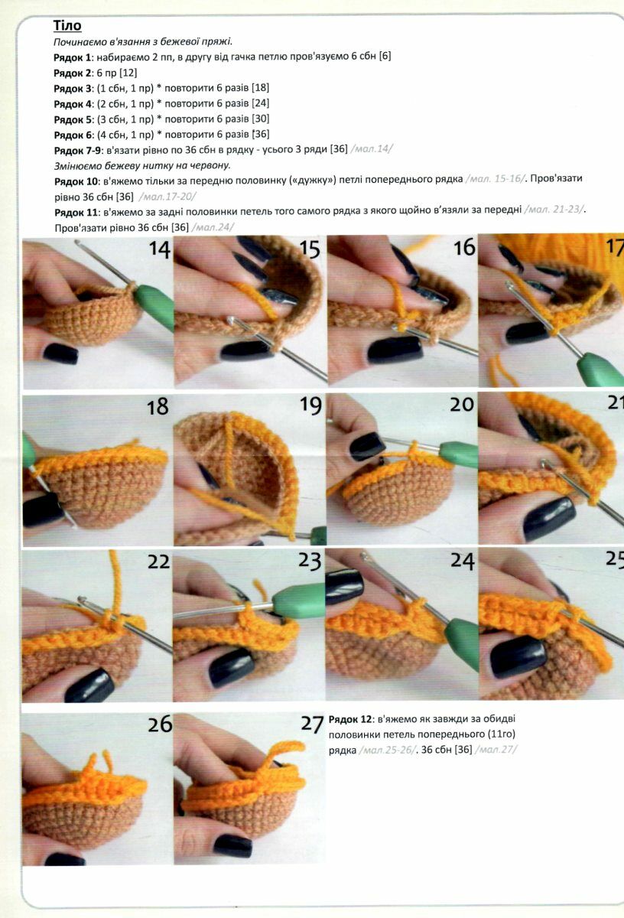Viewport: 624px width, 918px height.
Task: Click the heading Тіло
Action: click(67, 25)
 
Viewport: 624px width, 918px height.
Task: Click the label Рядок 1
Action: click(72, 57)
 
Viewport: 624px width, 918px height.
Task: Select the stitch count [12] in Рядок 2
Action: click(128, 73)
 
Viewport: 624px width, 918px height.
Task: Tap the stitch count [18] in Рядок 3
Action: click(260, 88)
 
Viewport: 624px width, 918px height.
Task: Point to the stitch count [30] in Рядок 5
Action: click(260, 119)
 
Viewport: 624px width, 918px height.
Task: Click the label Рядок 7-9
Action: click(77, 151)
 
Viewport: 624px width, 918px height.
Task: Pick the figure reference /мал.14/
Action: click(372, 148)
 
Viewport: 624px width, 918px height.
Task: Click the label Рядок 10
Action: click(76, 181)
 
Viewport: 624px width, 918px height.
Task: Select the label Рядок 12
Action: click(350, 719)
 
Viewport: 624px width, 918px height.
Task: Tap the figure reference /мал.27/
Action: click(496, 750)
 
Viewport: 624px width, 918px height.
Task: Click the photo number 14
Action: click(159, 249)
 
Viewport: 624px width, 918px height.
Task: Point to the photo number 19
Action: click(310, 405)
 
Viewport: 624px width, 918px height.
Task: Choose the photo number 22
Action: click(158, 562)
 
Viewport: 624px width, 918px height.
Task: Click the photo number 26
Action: click(160, 724)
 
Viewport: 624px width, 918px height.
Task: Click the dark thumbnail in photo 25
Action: click(518, 656)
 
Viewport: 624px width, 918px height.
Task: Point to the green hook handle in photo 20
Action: click(460, 455)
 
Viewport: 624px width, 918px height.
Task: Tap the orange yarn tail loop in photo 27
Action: click(283, 753)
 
